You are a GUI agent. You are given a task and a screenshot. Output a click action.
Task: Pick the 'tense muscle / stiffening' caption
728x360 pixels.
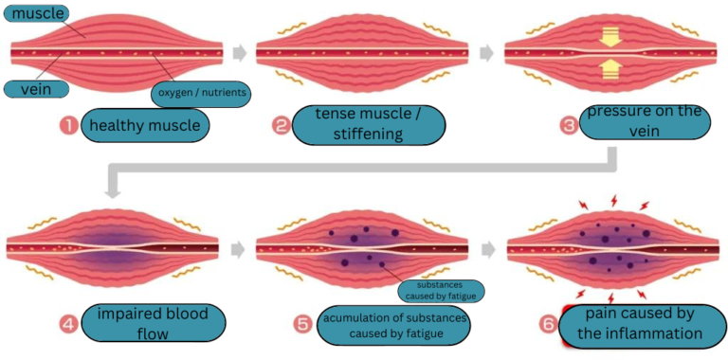(373, 125)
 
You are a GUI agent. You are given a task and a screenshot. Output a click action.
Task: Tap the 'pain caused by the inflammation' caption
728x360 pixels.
(641, 323)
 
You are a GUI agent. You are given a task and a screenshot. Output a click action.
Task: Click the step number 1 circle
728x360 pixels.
(67, 125)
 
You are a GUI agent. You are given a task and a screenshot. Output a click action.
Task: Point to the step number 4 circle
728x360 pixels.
(68, 323)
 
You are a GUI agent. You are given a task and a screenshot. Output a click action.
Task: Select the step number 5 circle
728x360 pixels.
(302, 323)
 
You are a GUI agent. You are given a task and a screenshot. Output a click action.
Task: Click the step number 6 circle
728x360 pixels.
(547, 323)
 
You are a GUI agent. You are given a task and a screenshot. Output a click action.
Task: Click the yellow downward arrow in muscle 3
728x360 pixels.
(609, 35)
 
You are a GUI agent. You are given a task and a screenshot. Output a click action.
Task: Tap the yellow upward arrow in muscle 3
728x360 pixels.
(609, 68)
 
